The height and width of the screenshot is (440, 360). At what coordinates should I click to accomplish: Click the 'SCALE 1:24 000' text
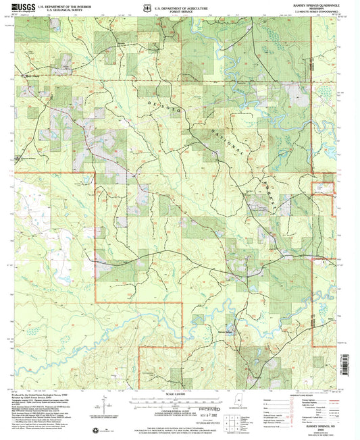click(x=180, y=393)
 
